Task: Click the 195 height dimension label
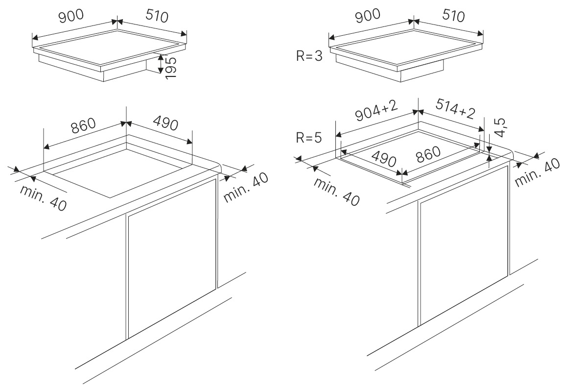(x=171, y=65)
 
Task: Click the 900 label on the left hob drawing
(x=71, y=16)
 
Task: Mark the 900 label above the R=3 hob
(x=368, y=16)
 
